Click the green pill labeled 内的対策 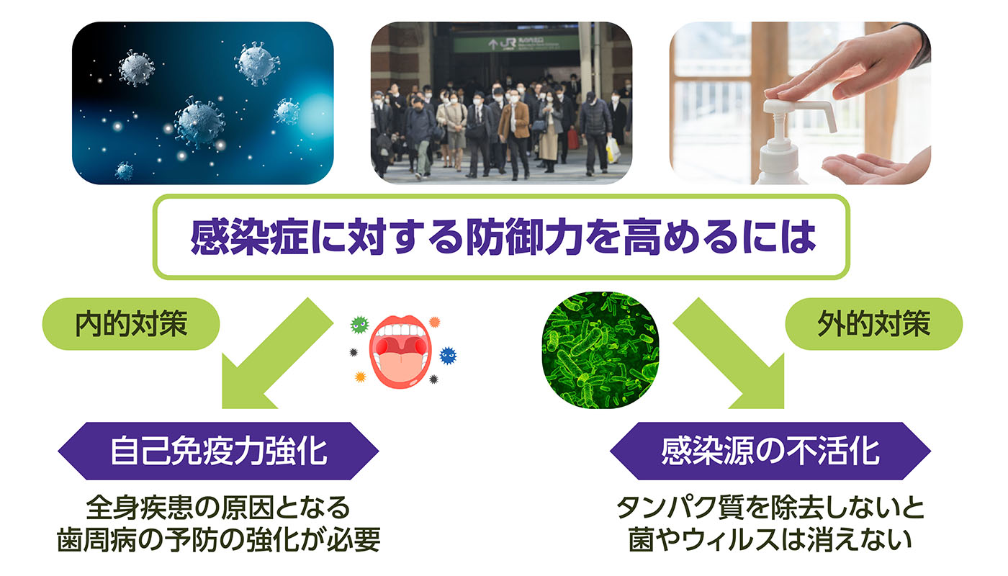(x=131, y=324)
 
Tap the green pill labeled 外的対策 (x=873, y=324)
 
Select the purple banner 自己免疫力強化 (x=218, y=451)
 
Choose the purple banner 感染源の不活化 (x=770, y=451)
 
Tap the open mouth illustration (x=400, y=351)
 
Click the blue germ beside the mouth (x=447, y=356)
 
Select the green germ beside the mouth (x=359, y=325)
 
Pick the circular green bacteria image (x=600, y=350)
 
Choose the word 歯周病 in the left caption (x=96, y=539)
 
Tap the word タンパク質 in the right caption (x=680, y=508)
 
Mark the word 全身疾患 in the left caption (x=138, y=508)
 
